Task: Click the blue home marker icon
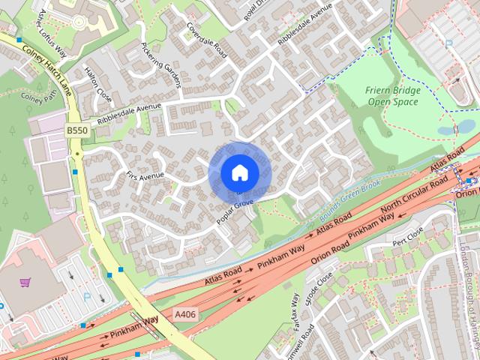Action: click(x=240, y=173)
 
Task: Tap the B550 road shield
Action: click(x=76, y=130)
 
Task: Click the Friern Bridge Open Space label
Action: click(x=393, y=96)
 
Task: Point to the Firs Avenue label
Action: click(x=145, y=177)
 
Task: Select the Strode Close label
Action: click(x=319, y=289)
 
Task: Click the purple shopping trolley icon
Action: click(x=25, y=283)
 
